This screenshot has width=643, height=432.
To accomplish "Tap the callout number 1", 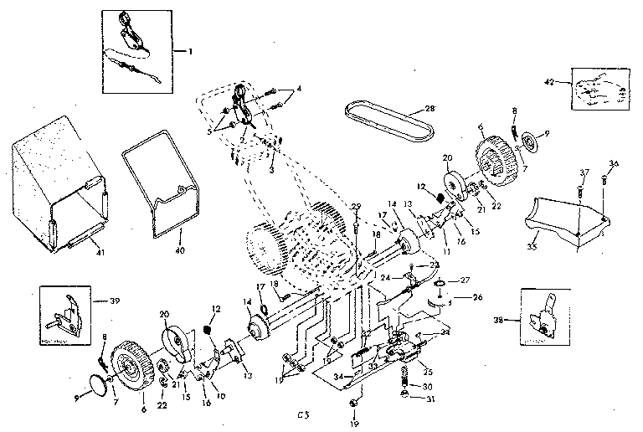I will (190, 51).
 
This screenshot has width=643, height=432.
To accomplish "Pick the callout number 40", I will (178, 249).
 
